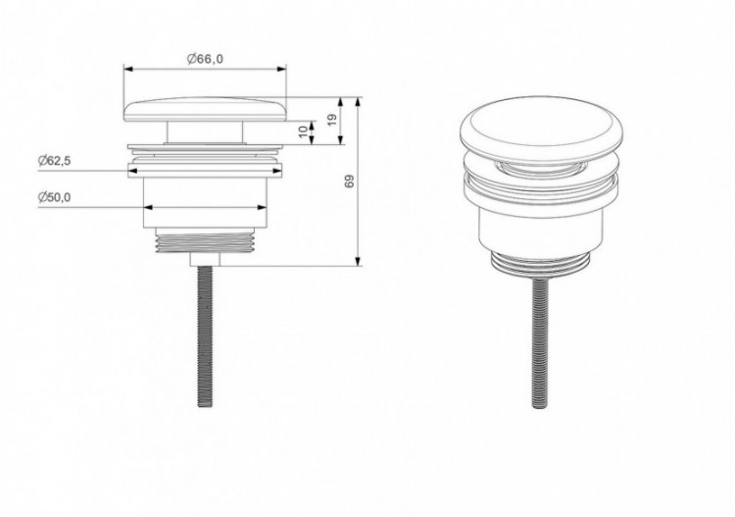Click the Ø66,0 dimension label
click(204, 59)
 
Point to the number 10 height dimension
click(302, 130)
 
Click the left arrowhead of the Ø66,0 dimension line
click(126, 70)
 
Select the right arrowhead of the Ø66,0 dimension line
click(284, 70)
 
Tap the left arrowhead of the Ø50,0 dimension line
click(148, 208)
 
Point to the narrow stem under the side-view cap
click(205, 133)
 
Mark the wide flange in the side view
click(205, 156)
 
